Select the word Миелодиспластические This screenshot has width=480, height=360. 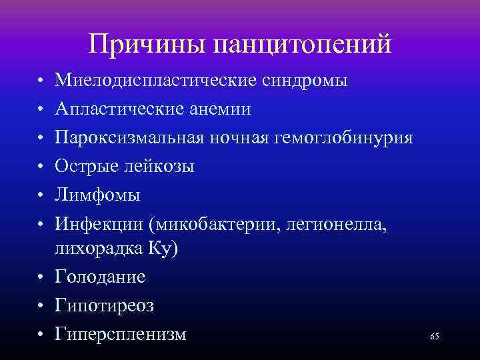pyautogui.click(x=154, y=81)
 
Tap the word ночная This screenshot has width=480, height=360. pyautogui.click(x=239, y=138)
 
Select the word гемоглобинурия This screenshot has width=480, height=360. pyautogui.click(x=347, y=138)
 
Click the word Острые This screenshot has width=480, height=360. pyautogui.click(x=82, y=166)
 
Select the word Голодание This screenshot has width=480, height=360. pyautogui.click(x=101, y=277)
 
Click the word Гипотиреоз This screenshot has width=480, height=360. pyautogui.click(x=105, y=305)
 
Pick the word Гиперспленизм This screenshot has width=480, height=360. pyautogui.click(x=121, y=333)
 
